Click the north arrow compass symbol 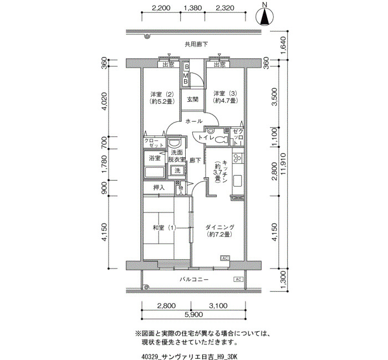(264, 17)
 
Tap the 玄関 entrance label (192, 99)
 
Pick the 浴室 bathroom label (155, 158)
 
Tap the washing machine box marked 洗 (177, 171)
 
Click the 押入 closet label (159, 188)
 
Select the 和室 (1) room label (164, 228)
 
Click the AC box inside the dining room (225, 258)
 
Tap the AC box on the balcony (238, 279)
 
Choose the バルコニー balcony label (194, 280)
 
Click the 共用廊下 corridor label (196, 44)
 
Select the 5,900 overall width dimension (194, 315)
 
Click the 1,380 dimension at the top (192, 8)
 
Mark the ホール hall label (194, 121)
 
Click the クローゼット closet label (154, 143)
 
